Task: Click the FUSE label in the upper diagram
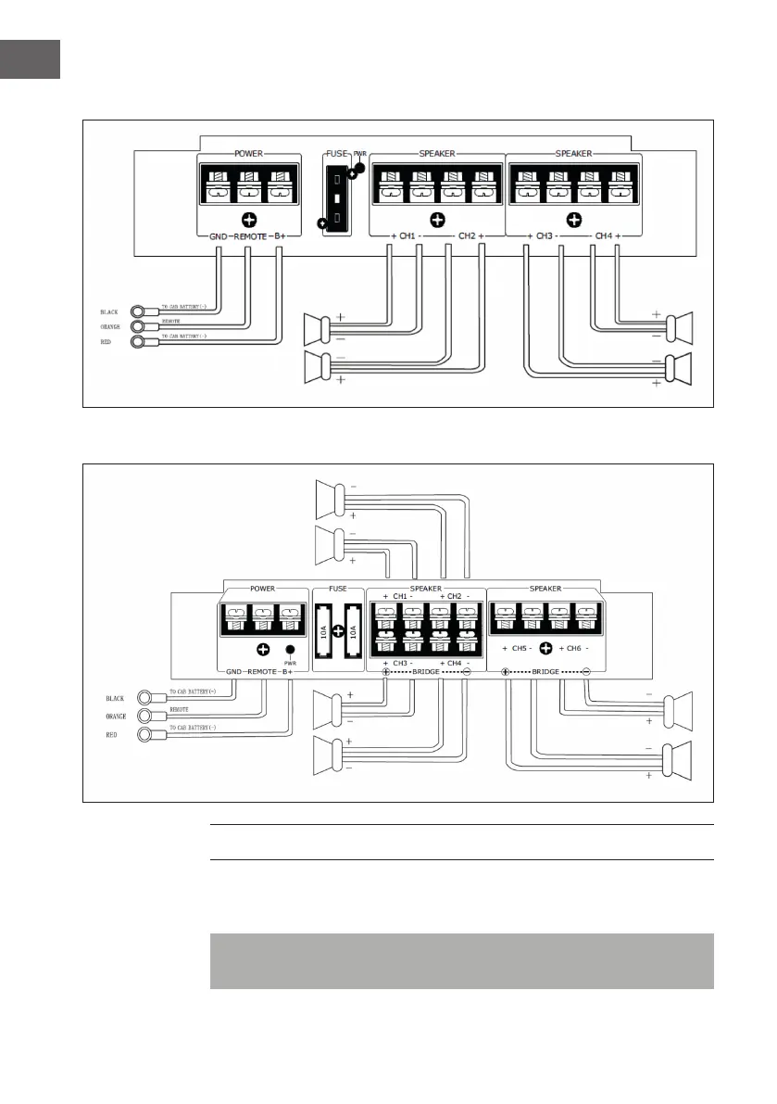[x=335, y=153]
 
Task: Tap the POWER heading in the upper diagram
[x=249, y=154]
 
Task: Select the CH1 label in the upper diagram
[x=407, y=236]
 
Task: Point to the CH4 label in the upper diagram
[x=603, y=236]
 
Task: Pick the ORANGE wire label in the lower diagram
[x=115, y=717]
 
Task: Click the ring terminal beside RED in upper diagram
[x=139, y=343]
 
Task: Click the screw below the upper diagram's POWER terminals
[x=249, y=220]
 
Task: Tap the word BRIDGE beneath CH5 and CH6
[x=546, y=671]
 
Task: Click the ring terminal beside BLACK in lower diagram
[x=144, y=698]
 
